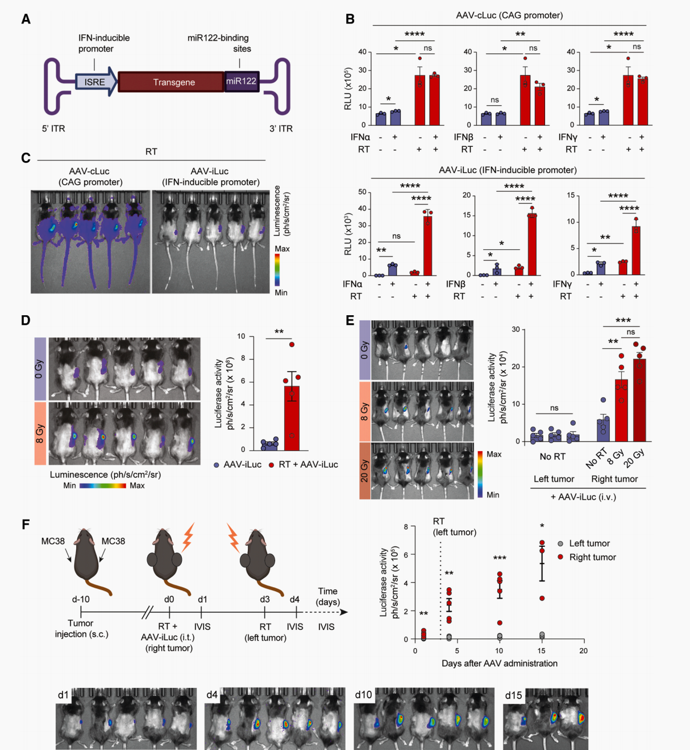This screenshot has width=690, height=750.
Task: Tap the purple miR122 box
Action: click(x=242, y=81)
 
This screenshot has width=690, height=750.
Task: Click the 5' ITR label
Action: click(x=53, y=129)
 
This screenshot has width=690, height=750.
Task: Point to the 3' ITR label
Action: click(x=281, y=129)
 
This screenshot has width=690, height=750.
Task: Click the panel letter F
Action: click(x=26, y=524)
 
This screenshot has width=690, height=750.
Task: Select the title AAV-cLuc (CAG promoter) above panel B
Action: click(x=509, y=15)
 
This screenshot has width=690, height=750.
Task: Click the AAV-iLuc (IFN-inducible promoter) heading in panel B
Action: click(x=508, y=170)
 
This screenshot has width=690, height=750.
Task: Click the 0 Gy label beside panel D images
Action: click(x=40, y=369)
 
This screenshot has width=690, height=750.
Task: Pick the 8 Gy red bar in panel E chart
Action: click(x=621, y=410)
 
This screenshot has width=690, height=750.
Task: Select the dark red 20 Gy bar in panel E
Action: click(x=639, y=400)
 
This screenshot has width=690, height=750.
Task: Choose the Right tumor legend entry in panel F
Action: click(x=592, y=557)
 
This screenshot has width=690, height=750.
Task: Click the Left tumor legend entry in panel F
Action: click(x=589, y=543)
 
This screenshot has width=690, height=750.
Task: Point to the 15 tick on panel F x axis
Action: click(x=541, y=651)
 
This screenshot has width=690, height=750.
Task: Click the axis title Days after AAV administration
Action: click(x=499, y=664)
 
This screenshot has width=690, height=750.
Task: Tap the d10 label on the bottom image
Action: click(x=364, y=695)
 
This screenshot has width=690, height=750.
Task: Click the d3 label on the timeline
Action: click(x=265, y=599)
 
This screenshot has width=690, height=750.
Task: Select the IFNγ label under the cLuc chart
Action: click(x=568, y=137)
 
